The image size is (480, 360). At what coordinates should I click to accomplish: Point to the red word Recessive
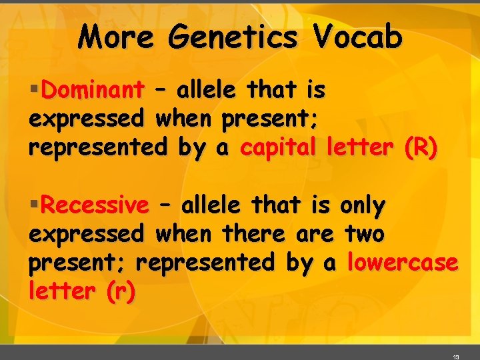(x=95, y=205)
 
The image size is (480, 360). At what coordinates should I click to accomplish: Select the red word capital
(x=279, y=148)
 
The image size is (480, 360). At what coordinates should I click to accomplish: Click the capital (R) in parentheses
(x=421, y=148)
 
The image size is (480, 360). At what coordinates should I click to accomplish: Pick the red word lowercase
(x=403, y=263)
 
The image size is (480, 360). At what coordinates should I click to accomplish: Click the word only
(x=362, y=205)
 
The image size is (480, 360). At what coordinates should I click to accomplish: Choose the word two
(x=365, y=234)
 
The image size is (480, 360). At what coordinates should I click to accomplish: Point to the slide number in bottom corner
(x=456, y=357)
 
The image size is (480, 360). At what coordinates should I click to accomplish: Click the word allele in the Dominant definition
(x=206, y=89)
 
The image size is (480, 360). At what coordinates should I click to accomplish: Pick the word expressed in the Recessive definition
(x=86, y=234)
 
